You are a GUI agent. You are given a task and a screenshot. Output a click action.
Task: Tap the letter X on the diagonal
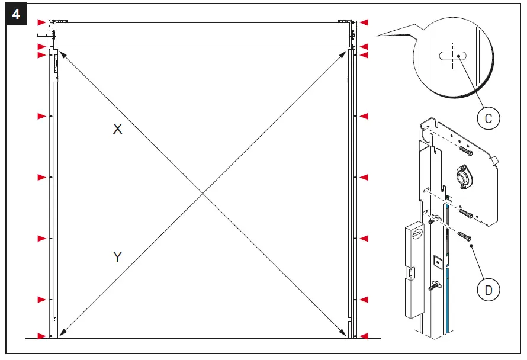pyautogui.click(x=118, y=129)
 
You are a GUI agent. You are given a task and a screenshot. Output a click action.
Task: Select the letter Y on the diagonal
pyautogui.click(x=118, y=256)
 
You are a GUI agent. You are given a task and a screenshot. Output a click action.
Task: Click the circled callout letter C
pyautogui.click(x=489, y=118)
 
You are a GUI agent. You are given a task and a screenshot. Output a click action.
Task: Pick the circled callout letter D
pyautogui.click(x=489, y=290)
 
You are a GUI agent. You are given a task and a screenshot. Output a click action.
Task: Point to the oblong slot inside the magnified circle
pyautogui.click(x=452, y=56)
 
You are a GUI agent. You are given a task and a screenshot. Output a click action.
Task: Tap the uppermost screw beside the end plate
pyautogui.click(x=466, y=151)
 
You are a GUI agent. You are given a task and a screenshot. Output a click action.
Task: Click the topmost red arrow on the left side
pyautogui.click(x=41, y=22)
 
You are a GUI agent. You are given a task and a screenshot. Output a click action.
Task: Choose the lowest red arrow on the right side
pyautogui.click(x=365, y=336)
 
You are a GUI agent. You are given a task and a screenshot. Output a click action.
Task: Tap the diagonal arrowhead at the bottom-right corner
pyautogui.click(x=346, y=334)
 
